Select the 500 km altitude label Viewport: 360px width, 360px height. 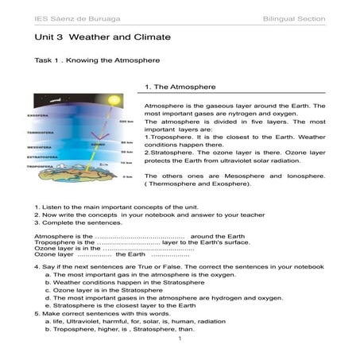[123, 121]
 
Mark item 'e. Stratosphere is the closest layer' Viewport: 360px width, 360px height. [120, 305]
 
